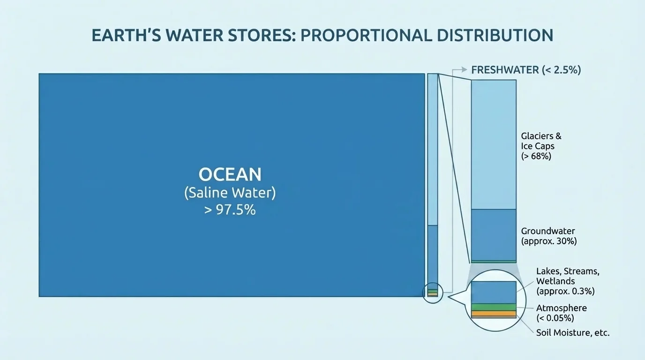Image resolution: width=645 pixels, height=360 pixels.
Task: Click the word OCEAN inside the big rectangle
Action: pos(230,174)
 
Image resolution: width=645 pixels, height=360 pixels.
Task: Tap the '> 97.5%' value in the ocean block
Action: pos(230,210)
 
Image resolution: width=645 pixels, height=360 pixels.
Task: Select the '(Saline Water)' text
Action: pos(230,193)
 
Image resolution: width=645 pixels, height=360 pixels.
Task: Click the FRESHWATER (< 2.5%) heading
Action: pos(526,70)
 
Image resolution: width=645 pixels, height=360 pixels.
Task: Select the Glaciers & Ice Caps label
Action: pos(541,141)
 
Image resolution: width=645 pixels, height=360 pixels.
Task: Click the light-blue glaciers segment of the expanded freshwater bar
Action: pos(493,144)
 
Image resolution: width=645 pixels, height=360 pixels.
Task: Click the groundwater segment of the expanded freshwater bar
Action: pos(493,234)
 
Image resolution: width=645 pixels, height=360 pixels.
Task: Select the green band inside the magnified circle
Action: pos(493,307)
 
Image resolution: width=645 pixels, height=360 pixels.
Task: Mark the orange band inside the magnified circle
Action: pos(493,313)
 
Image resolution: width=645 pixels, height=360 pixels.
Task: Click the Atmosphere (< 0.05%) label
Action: pos(561,313)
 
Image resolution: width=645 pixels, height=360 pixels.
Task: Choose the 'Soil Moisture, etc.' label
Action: pos(573,333)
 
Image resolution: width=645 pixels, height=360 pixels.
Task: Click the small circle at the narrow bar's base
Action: pos(432,293)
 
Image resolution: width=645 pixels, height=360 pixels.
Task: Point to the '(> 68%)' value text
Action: pos(536,156)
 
